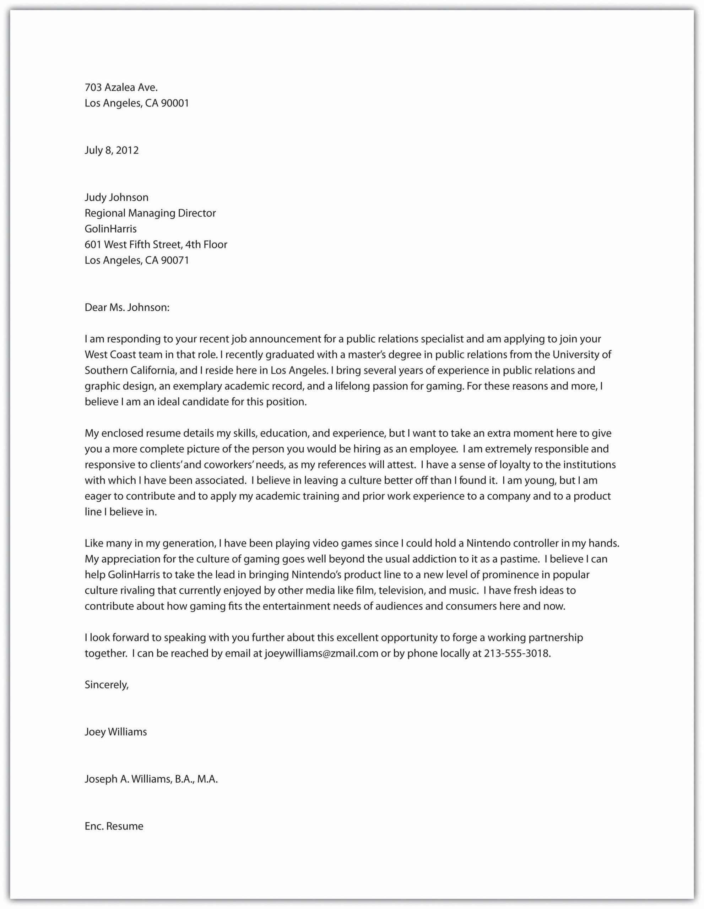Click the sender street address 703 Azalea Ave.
click(121, 87)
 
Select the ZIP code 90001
click(175, 103)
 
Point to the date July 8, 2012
click(112, 150)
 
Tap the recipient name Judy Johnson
click(117, 197)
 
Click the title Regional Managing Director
click(150, 213)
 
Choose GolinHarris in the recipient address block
click(111, 229)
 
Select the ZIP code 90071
click(175, 261)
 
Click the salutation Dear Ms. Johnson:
click(127, 307)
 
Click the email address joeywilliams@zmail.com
click(321, 653)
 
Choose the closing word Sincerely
click(107, 685)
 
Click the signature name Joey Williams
click(116, 732)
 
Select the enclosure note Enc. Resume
click(114, 826)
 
